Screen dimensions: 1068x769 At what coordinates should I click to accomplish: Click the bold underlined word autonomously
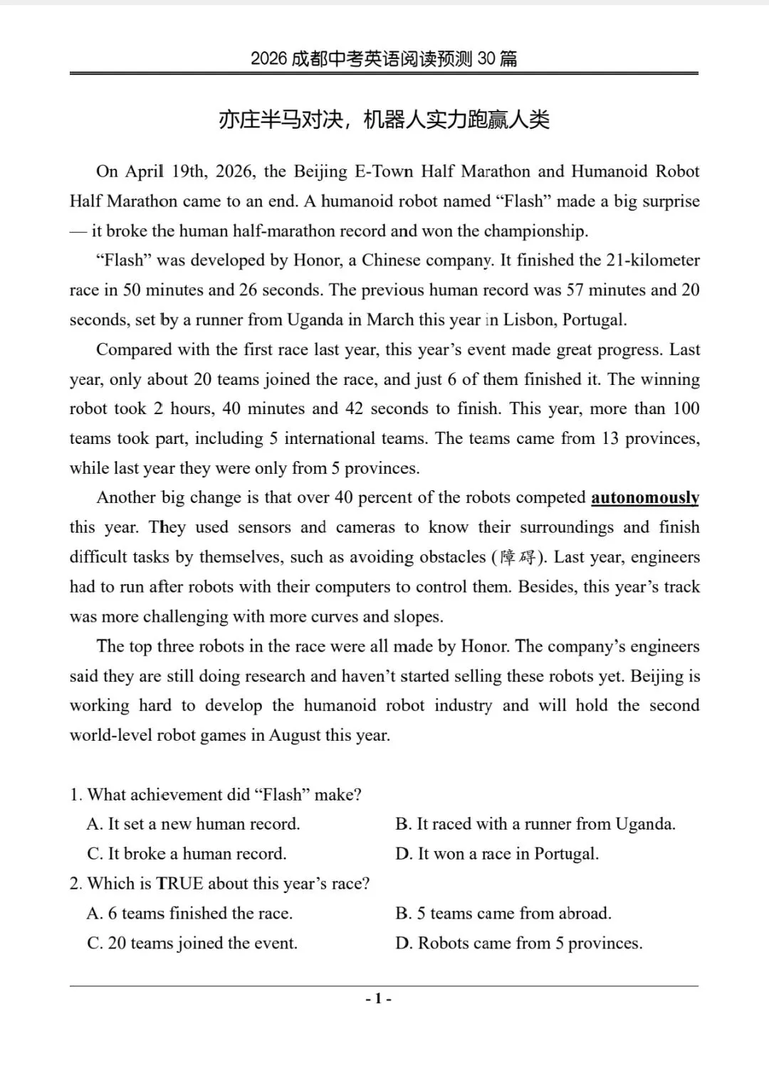644,497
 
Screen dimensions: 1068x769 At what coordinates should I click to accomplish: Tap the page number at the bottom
378,999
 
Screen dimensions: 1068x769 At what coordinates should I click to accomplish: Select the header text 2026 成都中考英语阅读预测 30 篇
384,58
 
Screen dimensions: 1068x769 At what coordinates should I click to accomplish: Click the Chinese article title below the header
384,120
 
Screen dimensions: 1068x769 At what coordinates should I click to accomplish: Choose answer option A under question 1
193,824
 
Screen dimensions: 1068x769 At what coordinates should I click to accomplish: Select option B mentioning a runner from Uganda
535,824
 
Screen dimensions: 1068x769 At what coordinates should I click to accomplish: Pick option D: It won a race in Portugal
497,854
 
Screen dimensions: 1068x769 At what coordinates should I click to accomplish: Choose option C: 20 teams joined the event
192,943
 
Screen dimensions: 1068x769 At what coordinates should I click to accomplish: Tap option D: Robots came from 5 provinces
518,943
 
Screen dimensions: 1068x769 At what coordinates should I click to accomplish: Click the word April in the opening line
145,171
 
